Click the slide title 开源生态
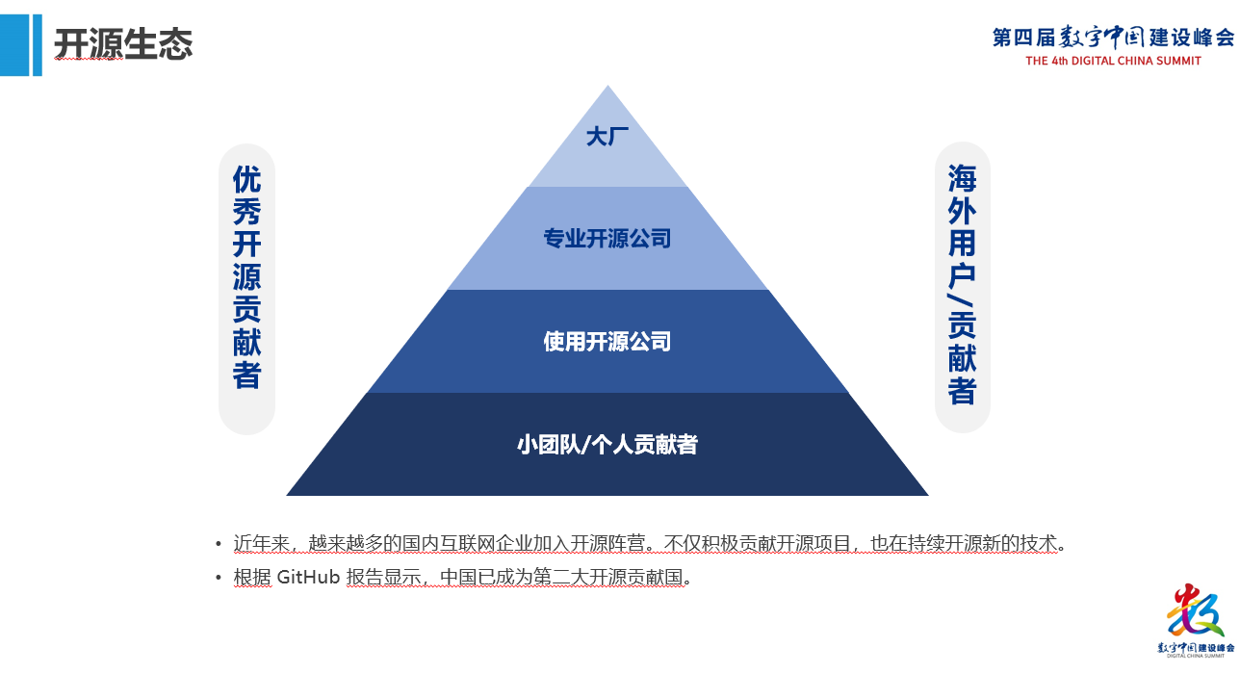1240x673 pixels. (x=123, y=44)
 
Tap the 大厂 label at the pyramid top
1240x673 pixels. (x=607, y=137)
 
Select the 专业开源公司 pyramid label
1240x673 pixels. (x=607, y=238)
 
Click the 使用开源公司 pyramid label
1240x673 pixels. (x=607, y=342)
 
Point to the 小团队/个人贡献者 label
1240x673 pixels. (x=607, y=445)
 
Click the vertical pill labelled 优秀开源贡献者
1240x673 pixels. (x=247, y=289)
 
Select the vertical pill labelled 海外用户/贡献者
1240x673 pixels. (x=963, y=287)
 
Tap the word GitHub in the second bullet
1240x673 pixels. (x=308, y=578)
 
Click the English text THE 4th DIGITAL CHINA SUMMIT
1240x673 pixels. (x=1113, y=61)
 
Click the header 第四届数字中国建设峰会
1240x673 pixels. (x=1113, y=38)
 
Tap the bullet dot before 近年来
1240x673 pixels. (x=220, y=544)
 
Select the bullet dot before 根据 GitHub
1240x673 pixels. (x=220, y=579)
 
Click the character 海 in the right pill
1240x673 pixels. (x=963, y=178)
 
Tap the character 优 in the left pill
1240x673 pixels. (x=247, y=180)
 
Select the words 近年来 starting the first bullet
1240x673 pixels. (x=262, y=543)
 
